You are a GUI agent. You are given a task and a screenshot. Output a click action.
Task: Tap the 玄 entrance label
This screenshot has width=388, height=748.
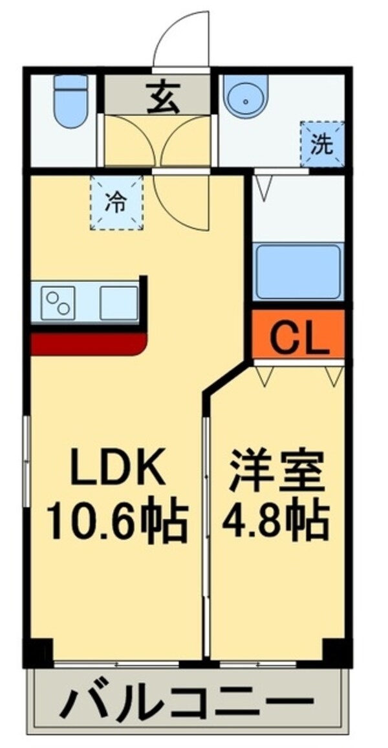tap(158, 100)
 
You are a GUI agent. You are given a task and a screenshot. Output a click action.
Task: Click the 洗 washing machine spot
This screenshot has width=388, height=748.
tap(321, 144)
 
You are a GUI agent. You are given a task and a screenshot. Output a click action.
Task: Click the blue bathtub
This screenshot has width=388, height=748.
tap(298, 272)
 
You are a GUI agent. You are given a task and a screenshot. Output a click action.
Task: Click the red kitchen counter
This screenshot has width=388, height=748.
tap(87, 344)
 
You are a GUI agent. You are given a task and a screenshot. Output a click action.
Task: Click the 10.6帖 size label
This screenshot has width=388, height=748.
tap(116, 522)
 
